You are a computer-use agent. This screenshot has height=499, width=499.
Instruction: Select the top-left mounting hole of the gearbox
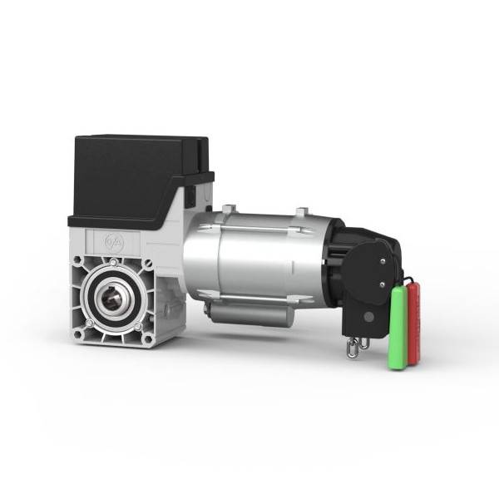point(78,261)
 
